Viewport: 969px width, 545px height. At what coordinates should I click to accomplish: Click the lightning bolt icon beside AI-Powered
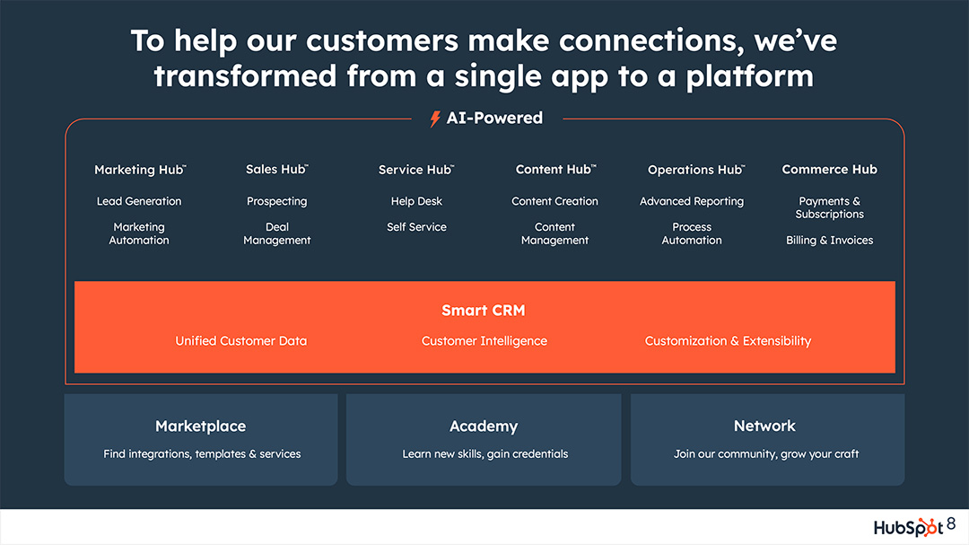coord(435,119)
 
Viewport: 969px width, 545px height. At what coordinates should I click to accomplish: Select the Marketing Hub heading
coord(140,170)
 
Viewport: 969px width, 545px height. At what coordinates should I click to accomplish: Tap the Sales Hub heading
coord(276,170)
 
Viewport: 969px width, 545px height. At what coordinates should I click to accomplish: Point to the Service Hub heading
coord(415,170)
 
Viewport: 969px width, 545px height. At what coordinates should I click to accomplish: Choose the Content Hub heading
coord(555,170)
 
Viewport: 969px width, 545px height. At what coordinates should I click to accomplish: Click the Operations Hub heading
coord(695,170)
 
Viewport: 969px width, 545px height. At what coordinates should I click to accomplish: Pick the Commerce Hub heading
coord(829,170)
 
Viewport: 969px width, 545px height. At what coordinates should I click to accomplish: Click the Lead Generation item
coord(139,202)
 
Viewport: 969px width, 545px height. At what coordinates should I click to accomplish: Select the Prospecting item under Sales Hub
coord(277,202)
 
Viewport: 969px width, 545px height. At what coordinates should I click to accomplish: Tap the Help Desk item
coord(416,202)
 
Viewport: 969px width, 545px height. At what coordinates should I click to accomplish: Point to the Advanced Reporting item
coord(692,202)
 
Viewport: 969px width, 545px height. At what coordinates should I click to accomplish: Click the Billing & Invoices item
coord(829,241)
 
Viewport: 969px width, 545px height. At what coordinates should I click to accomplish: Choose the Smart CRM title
coord(484,311)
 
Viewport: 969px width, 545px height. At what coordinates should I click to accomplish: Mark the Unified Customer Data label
coord(241,341)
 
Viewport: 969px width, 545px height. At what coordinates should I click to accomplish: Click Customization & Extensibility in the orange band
coord(728,341)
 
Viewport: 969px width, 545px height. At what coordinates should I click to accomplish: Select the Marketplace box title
coord(200,426)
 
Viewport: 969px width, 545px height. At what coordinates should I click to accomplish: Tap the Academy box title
coord(484,426)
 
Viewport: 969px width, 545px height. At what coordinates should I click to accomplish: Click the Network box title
coord(764,426)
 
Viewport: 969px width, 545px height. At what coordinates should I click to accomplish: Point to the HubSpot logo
coord(908,527)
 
